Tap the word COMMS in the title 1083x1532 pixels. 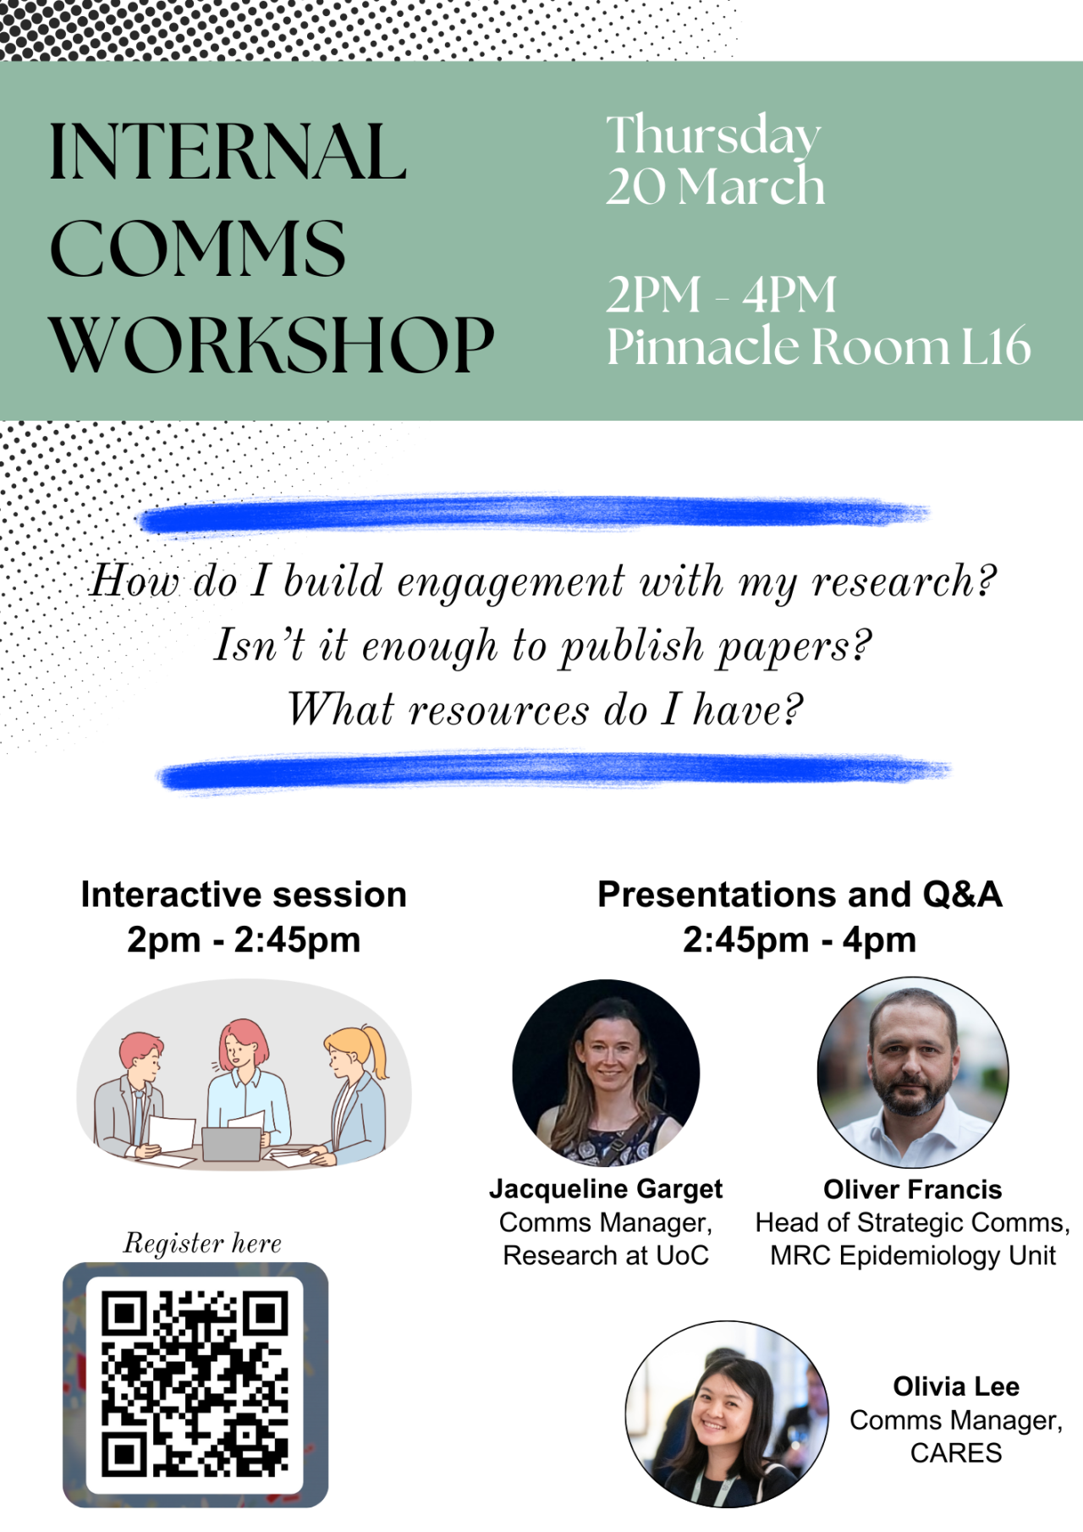click(x=198, y=249)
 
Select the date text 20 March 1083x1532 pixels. click(x=715, y=186)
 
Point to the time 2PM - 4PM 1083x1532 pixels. click(x=721, y=295)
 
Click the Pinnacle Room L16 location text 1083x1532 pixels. click(x=819, y=346)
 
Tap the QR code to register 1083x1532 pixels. click(x=195, y=1385)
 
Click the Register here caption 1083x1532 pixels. click(x=202, y=1243)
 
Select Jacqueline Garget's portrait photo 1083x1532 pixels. click(x=606, y=1072)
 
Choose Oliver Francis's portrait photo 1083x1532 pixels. click(x=913, y=1072)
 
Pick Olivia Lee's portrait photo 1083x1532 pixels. click(x=727, y=1414)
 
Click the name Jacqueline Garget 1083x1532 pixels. click(x=606, y=1189)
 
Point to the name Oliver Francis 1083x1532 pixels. click(x=913, y=1189)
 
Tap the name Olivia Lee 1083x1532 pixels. click(x=956, y=1386)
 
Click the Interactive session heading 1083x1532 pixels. click(x=244, y=895)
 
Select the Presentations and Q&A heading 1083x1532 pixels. click(x=800, y=895)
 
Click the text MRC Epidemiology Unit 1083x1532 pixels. click(x=913, y=1255)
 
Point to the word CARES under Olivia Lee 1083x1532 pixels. click(x=956, y=1452)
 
